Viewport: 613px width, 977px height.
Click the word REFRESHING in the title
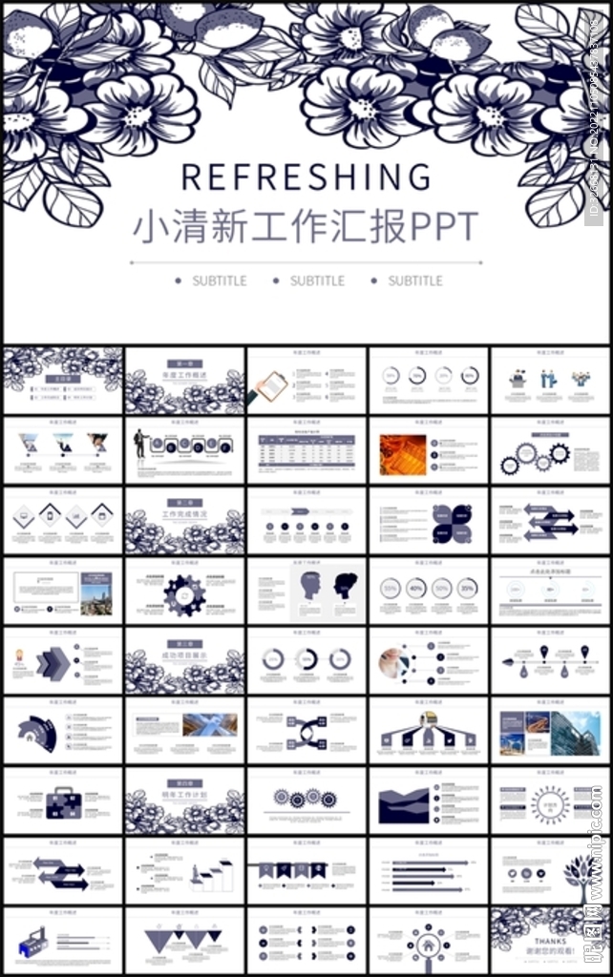[306, 177]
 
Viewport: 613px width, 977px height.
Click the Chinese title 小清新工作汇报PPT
[306, 227]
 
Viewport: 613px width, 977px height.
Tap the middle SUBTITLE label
[317, 281]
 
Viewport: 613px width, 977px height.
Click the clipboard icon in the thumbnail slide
[272, 386]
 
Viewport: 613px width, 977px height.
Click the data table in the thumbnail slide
[306, 452]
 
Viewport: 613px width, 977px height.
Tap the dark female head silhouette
[345, 585]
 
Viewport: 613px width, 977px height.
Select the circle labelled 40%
[416, 589]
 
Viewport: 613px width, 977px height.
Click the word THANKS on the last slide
[551, 942]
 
